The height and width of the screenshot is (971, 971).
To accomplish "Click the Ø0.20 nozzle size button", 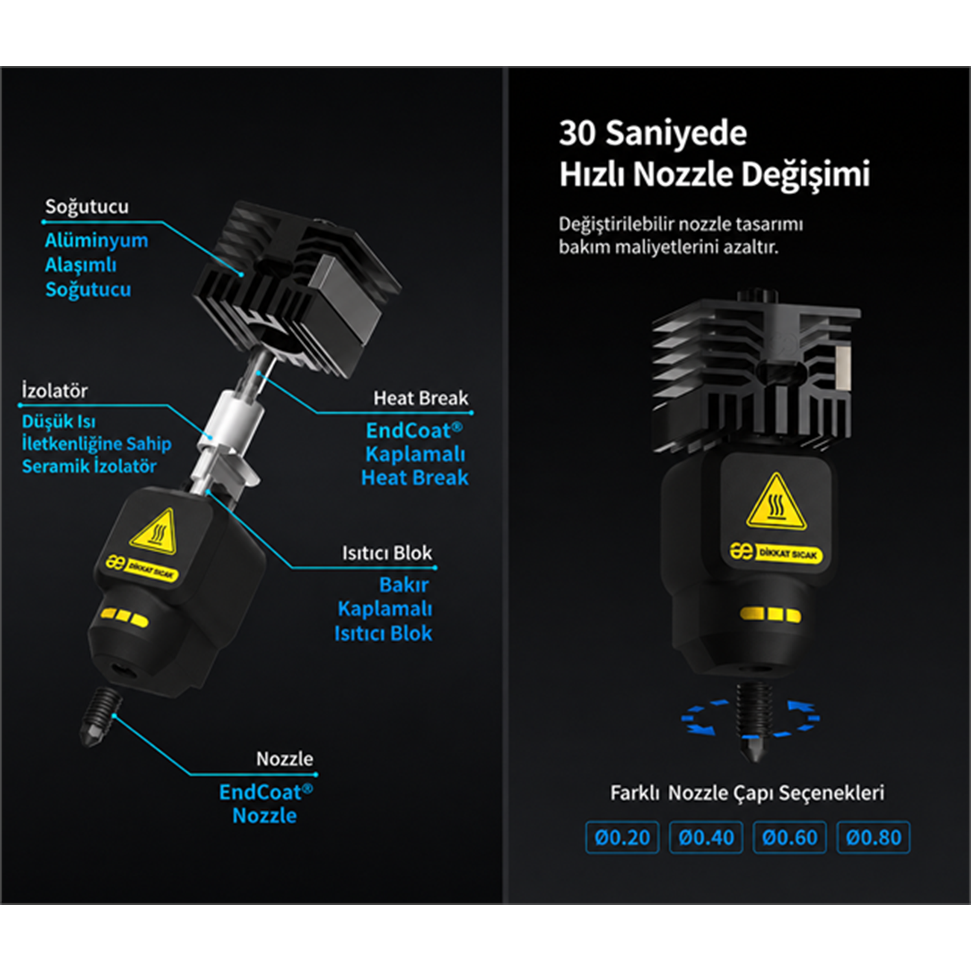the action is pyautogui.click(x=622, y=838).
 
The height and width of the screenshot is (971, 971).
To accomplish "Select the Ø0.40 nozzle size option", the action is pyautogui.click(x=706, y=838).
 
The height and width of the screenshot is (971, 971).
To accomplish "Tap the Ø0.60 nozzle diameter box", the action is pyautogui.click(x=790, y=838).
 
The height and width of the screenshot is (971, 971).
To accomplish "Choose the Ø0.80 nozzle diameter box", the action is pyautogui.click(x=873, y=838).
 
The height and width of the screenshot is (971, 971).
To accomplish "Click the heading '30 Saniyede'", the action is pyautogui.click(x=653, y=133).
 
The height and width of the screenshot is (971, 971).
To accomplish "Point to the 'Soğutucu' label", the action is pyautogui.click(x=87, y=206).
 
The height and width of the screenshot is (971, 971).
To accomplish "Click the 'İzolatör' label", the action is pyautogui.click(x=54, y=390).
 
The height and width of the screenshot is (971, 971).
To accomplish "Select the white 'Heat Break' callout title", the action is pyautogui.click(x=421, y=398).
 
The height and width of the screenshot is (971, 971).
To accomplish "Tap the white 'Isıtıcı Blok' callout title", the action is pyautogui.click(x=387, y=553).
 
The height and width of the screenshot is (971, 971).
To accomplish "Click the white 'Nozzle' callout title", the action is pyautogui.click(x=285, y=759).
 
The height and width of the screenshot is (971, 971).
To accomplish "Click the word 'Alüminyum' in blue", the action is pyautogui.click(x=96, y=241).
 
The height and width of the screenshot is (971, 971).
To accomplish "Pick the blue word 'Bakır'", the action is pyautogui.click(x=404, y=585).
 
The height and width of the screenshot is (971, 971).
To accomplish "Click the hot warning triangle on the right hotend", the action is pyautogui.click(x=776, y=501).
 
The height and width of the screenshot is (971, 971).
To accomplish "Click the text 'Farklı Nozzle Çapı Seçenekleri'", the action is pyautogui.click(x=747, y=793).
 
